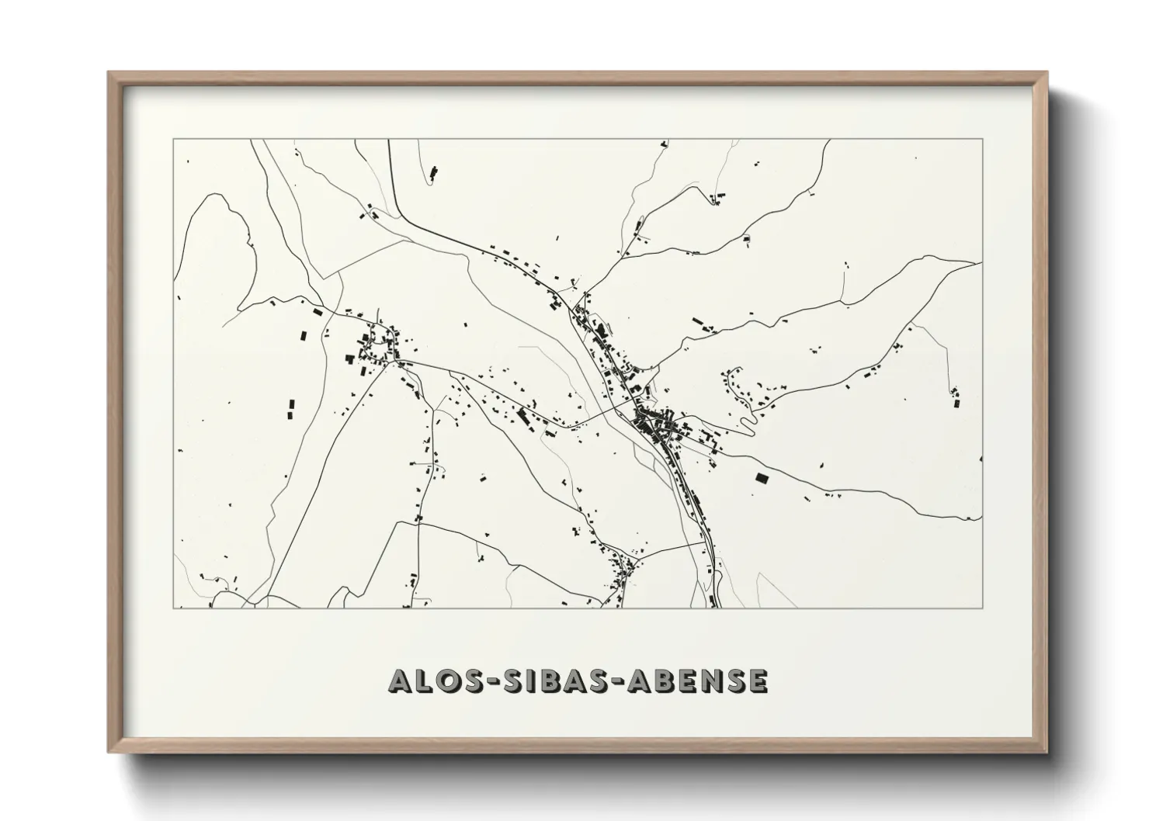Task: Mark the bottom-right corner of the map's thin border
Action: click(983, 608)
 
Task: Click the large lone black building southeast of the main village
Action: click(761, 478)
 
